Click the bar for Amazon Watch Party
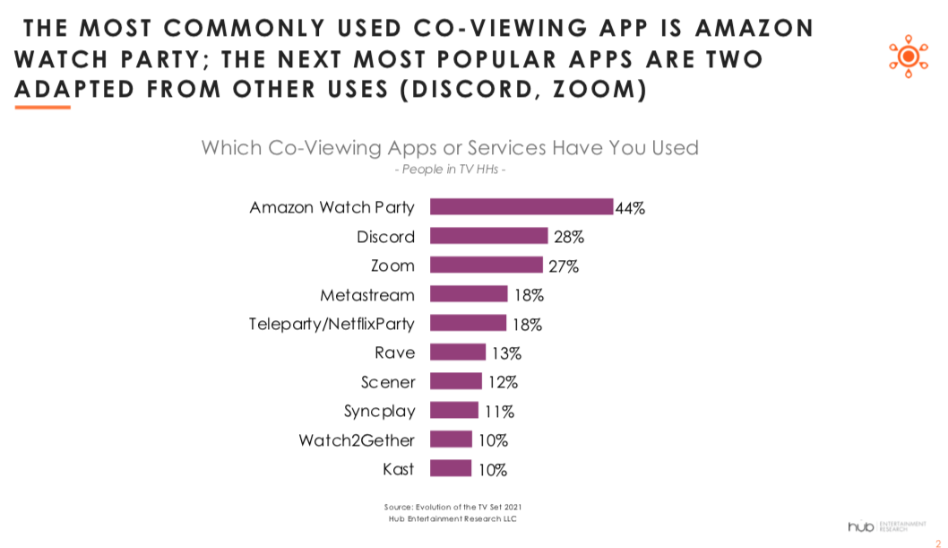click(521, 207)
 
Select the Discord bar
click(488, 236)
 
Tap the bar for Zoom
click(487, 265)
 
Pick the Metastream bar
click(469, 294)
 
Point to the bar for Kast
click(451, 468)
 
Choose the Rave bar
click(458, 352)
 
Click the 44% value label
click(630, 208)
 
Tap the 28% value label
click(568, 237)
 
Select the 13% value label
click(506, 352)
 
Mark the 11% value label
click(499, 412)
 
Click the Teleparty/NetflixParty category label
click(332, 323)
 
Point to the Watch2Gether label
click(357, 439)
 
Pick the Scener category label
click(388, 381)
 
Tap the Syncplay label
click(380, 411)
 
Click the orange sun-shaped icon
click(907, 57)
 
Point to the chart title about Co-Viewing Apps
click(450, 147)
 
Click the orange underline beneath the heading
click(42, 107)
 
